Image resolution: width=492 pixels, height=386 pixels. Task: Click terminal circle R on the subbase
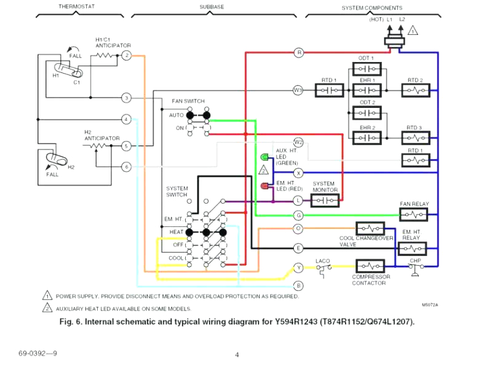[x=298, y=52]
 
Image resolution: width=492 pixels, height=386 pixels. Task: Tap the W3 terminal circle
[x=298, y=90]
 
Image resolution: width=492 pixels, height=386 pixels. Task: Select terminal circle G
[x=298, y=215]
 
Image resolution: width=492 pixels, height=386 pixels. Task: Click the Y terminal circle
[x=298, y=266]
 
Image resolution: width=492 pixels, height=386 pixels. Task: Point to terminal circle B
[x=298, y=285]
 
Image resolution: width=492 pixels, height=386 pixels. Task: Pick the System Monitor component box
[x=325, y=200]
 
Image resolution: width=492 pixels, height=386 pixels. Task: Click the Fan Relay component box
[x=414, y=214]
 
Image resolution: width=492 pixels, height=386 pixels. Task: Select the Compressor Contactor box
[x=370, y=266]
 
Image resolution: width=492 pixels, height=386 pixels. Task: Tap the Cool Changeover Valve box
[x=370, y=228]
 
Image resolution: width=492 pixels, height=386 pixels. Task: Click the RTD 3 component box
[x=414, y=138]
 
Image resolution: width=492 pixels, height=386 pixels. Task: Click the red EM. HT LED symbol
[x=264, y=186]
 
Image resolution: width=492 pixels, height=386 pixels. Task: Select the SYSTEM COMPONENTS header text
[x=372, y=8]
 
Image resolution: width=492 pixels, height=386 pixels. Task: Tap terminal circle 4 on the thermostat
[x=127, y=120]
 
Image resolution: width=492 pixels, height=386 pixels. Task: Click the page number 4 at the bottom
[x=237, y=354]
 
